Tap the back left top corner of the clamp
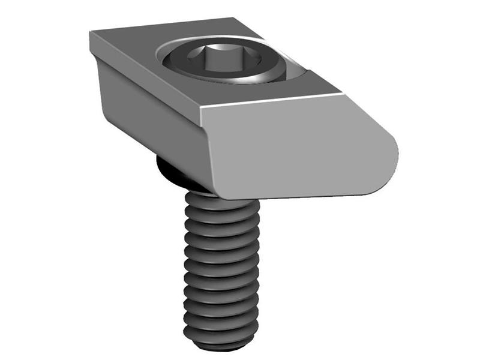[x=91, y=32]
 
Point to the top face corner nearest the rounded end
[x=343, y=93]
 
